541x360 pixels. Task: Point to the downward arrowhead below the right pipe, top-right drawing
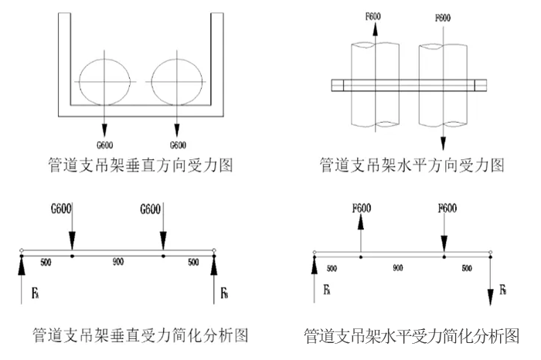coord(443,144)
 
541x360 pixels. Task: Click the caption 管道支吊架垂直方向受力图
coord(139,165)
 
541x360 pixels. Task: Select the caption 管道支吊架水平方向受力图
coord(411,165)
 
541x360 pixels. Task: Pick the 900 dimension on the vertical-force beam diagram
coord(118,263)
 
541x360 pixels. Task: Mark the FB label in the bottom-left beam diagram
coord(224,294)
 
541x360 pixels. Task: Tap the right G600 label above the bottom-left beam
coord(151,209)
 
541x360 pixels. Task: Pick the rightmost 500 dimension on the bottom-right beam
coord(467,267)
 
